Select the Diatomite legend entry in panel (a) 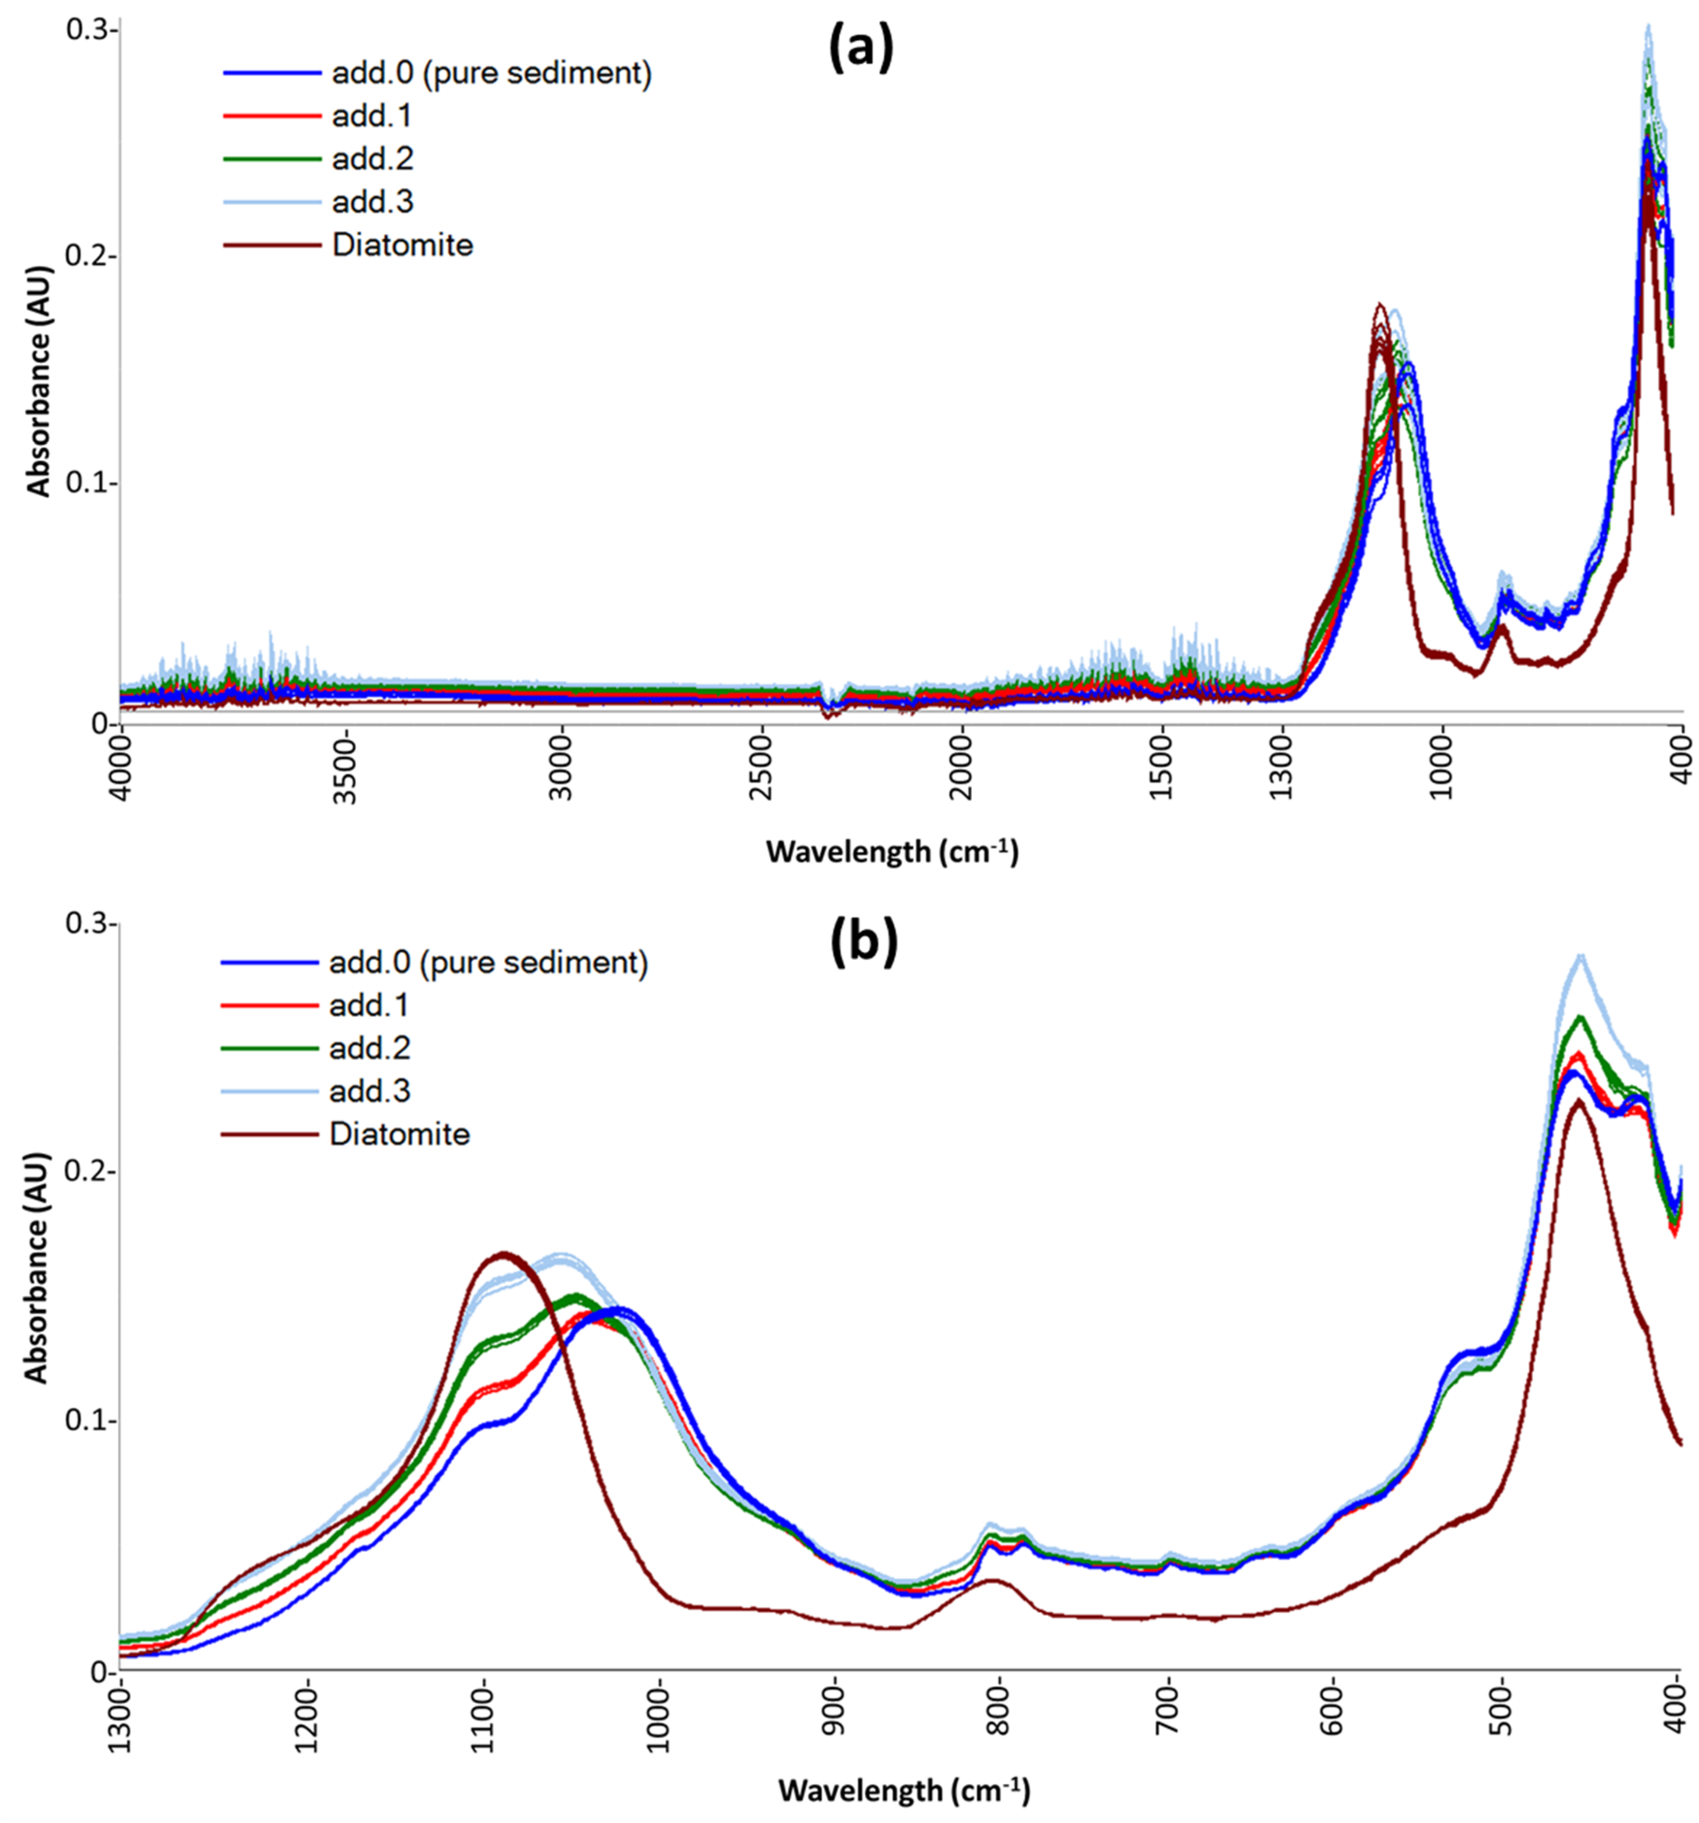(x=402, y=245)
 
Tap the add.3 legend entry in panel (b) (x=369, y=1090)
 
